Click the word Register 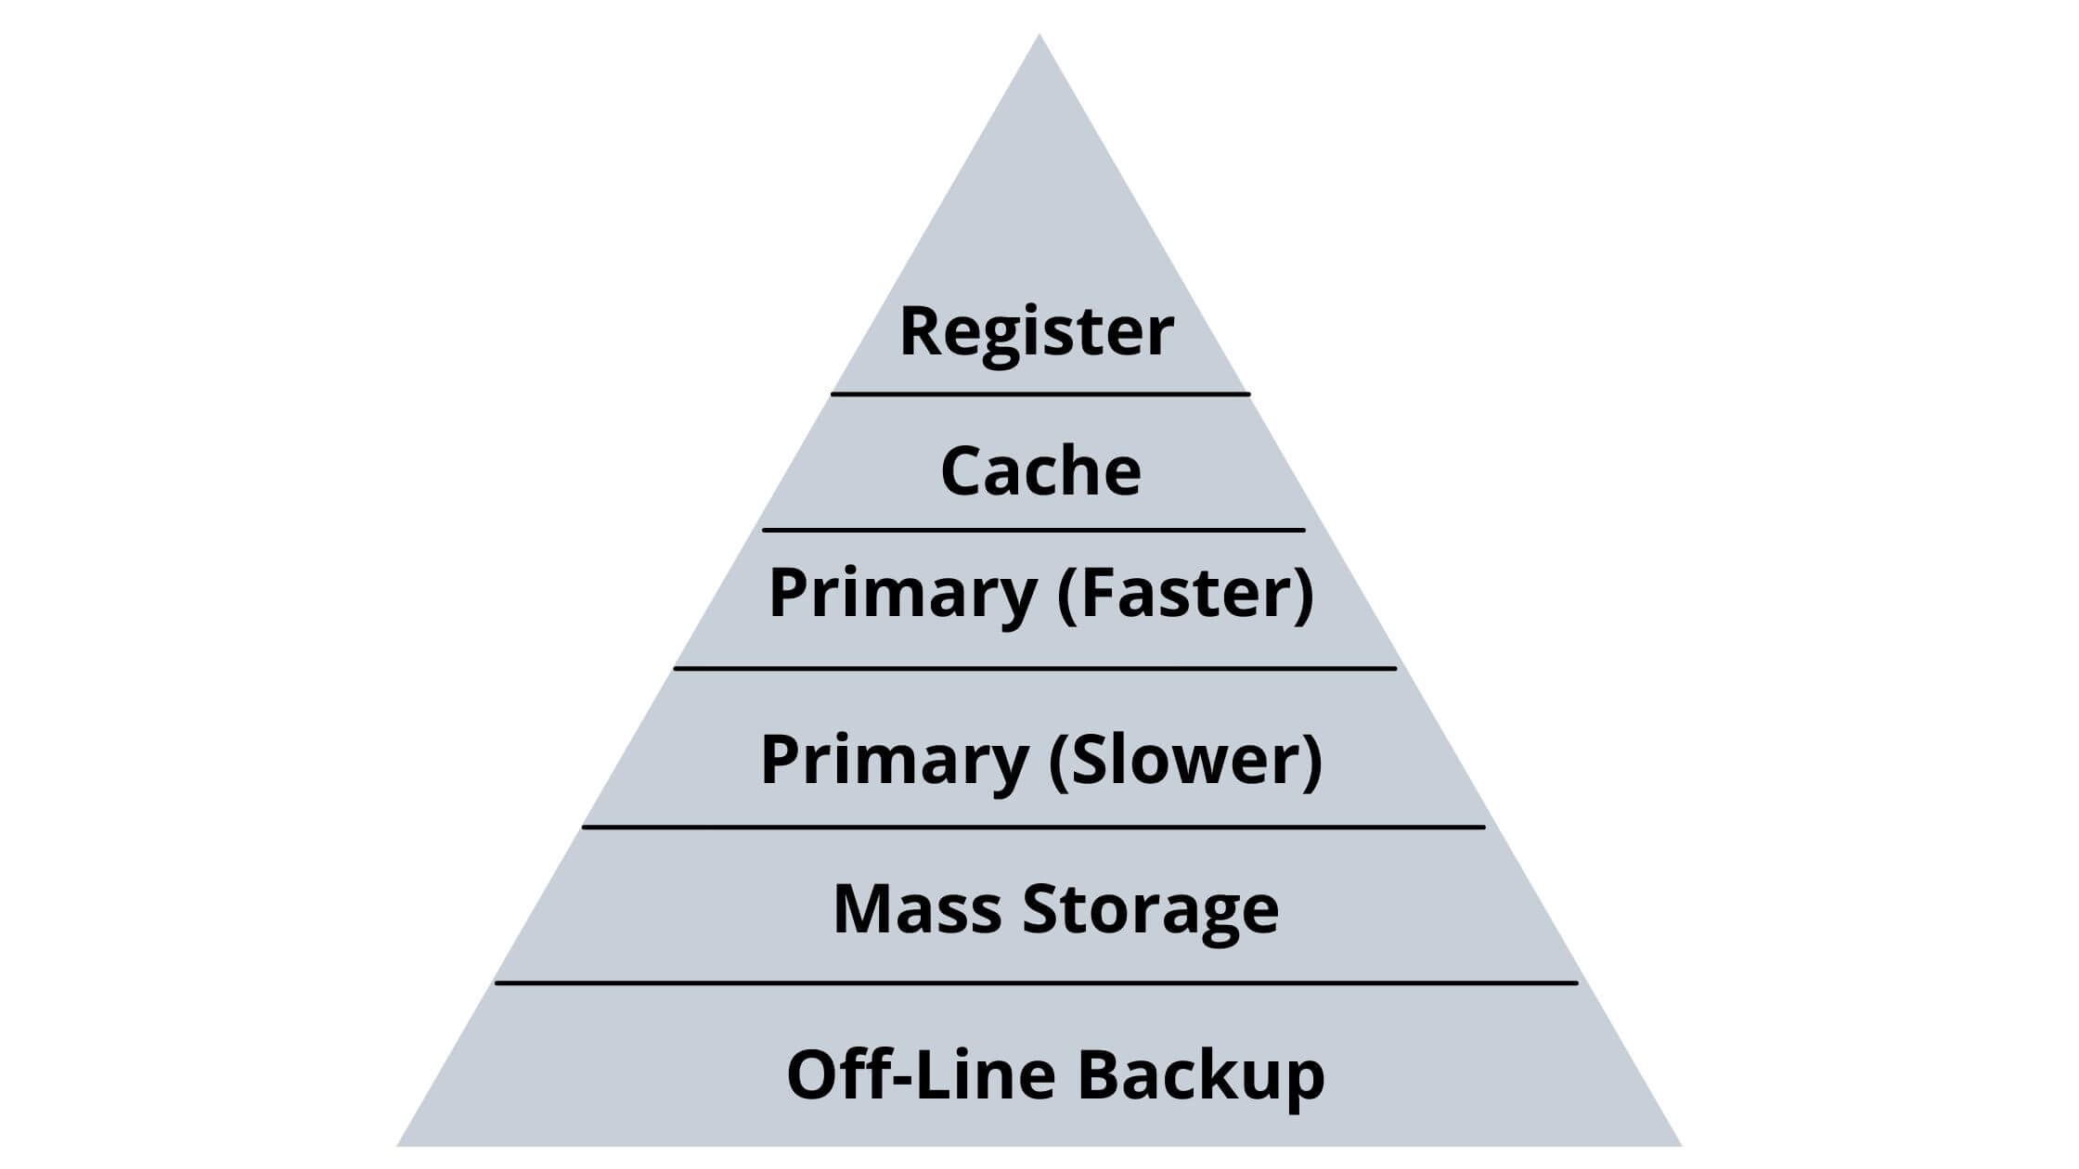point(1037,332)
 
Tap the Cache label point(1040,471)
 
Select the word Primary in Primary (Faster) point(902,594)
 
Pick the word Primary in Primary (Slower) point(894,760)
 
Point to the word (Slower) point(1185,760)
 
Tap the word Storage point(1151,910)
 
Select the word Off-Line point(921,1074)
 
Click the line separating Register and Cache point(1040,394)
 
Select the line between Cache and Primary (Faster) point(1034,531)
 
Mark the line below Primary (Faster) point(1035,668)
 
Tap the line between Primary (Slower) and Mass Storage point(1033,827)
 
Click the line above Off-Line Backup point(1036,983)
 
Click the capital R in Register point(922,331)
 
